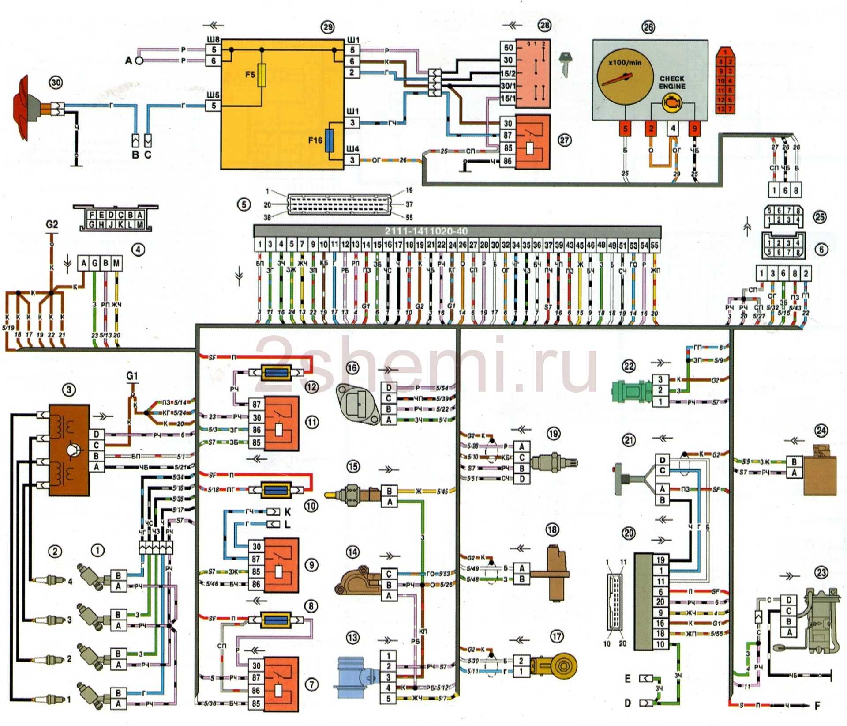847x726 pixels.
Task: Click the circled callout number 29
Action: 327,27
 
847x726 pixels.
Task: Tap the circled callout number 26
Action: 648,28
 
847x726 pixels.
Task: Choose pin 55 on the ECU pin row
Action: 655,245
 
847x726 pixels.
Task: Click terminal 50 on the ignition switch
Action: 508,47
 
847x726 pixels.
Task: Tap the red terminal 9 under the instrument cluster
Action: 694,129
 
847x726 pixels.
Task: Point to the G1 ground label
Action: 132,376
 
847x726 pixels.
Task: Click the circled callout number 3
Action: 68,389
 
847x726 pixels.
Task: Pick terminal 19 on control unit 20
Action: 660,560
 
